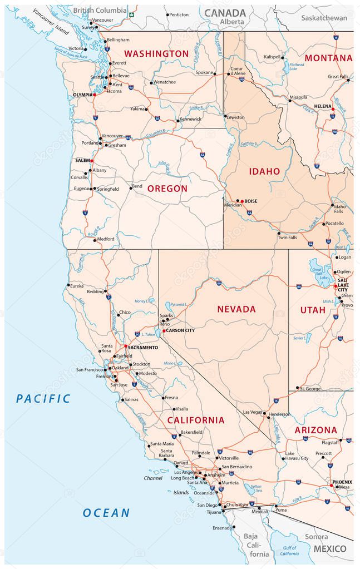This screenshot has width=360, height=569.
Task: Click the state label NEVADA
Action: click(236, 309)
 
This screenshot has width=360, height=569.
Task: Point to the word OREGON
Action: click(167, 189)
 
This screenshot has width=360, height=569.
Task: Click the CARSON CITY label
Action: click(181, 330)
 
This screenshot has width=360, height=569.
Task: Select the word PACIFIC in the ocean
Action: click(43, 398)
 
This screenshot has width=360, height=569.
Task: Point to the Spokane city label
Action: click(205, 72)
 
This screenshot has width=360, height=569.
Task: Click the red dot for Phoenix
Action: click(331, 486)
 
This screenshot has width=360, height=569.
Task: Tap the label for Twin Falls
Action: click(287, 238)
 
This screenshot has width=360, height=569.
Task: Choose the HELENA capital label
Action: click(323, 106)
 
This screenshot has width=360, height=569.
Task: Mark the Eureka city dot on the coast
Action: click(68, 285)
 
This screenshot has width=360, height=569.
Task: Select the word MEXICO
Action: click(329, 548)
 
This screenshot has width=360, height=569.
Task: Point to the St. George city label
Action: click(310, 388)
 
